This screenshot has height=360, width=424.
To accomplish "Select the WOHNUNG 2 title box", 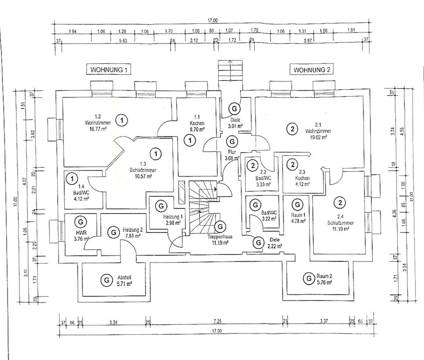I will pyautogui.click(x=313, y=70).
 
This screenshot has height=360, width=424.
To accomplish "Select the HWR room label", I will pyautogui.click(x=80, y=233).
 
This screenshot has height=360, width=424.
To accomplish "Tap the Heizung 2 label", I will pyautogui.click(x=133, y=230).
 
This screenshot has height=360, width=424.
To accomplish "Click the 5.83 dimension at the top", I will pyautogui.click(x=123, y=41).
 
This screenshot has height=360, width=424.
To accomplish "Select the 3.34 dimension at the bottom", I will pyautogui.click(x=114, y=322).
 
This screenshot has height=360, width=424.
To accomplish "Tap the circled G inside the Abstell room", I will pyautogui.click(x=106, y=280).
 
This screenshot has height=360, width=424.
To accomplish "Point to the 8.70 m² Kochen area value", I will pyautogui.click(x=198, y=128).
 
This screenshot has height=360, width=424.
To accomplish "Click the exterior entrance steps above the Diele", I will pyautogui.click(x=230, y=74).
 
